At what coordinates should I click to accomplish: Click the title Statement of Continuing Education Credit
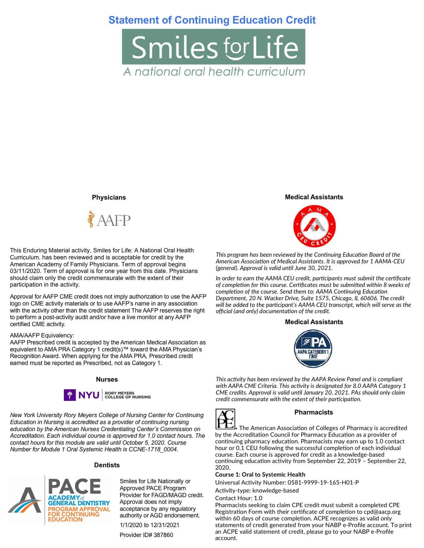point(212,20)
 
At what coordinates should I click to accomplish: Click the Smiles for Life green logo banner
point(213,46)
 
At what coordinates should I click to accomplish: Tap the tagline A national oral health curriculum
point(214,71)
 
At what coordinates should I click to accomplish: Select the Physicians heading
point(109,197)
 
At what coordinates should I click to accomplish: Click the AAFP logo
point(109,219)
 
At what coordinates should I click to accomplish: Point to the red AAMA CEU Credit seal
point(314,226)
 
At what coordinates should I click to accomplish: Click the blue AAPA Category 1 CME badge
point(314,349)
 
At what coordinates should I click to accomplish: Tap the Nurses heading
point(107,379)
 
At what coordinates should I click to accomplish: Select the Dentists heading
point(107,465)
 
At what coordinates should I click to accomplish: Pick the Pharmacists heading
point(314,412)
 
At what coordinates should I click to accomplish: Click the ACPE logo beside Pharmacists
point(225,419)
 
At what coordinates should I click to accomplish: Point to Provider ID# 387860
point(146,535)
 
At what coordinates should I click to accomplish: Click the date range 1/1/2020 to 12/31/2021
point(149,525)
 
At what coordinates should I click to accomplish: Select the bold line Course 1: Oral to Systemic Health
point(260,474)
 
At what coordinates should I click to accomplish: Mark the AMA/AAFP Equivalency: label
point(42,335)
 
